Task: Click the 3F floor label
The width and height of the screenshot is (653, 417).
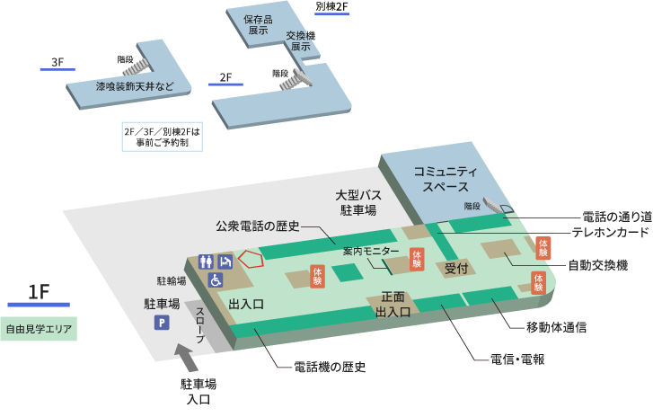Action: (57, 63)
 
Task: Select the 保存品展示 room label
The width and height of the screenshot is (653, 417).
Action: (263, 24)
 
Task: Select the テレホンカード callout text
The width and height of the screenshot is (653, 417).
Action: (612, 232)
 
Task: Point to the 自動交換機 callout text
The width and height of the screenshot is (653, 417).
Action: (597, 266)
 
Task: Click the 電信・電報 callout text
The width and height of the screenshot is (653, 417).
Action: (517, 359)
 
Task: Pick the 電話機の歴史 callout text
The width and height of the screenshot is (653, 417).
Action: (330, 367)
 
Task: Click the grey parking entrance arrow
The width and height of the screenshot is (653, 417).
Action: (189, 359)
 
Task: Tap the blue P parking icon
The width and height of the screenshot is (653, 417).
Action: (162, 323)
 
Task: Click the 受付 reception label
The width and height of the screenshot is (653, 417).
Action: (457, 268)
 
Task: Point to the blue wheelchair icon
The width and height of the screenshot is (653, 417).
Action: (216, 279)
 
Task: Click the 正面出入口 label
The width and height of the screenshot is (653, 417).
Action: (393, 305)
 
